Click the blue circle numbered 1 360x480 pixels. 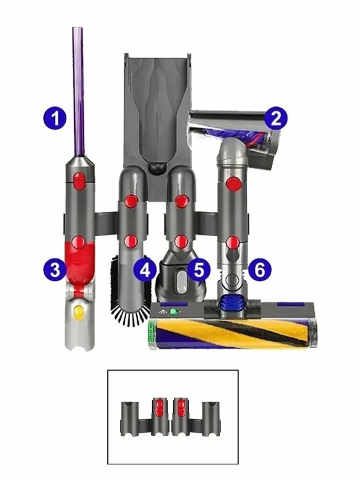coord(55,118)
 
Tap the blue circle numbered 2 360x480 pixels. coord(276,118)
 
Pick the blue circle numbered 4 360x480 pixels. coord(145,270)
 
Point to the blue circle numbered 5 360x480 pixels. coord(199,270)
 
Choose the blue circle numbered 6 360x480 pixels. coord(259,270)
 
